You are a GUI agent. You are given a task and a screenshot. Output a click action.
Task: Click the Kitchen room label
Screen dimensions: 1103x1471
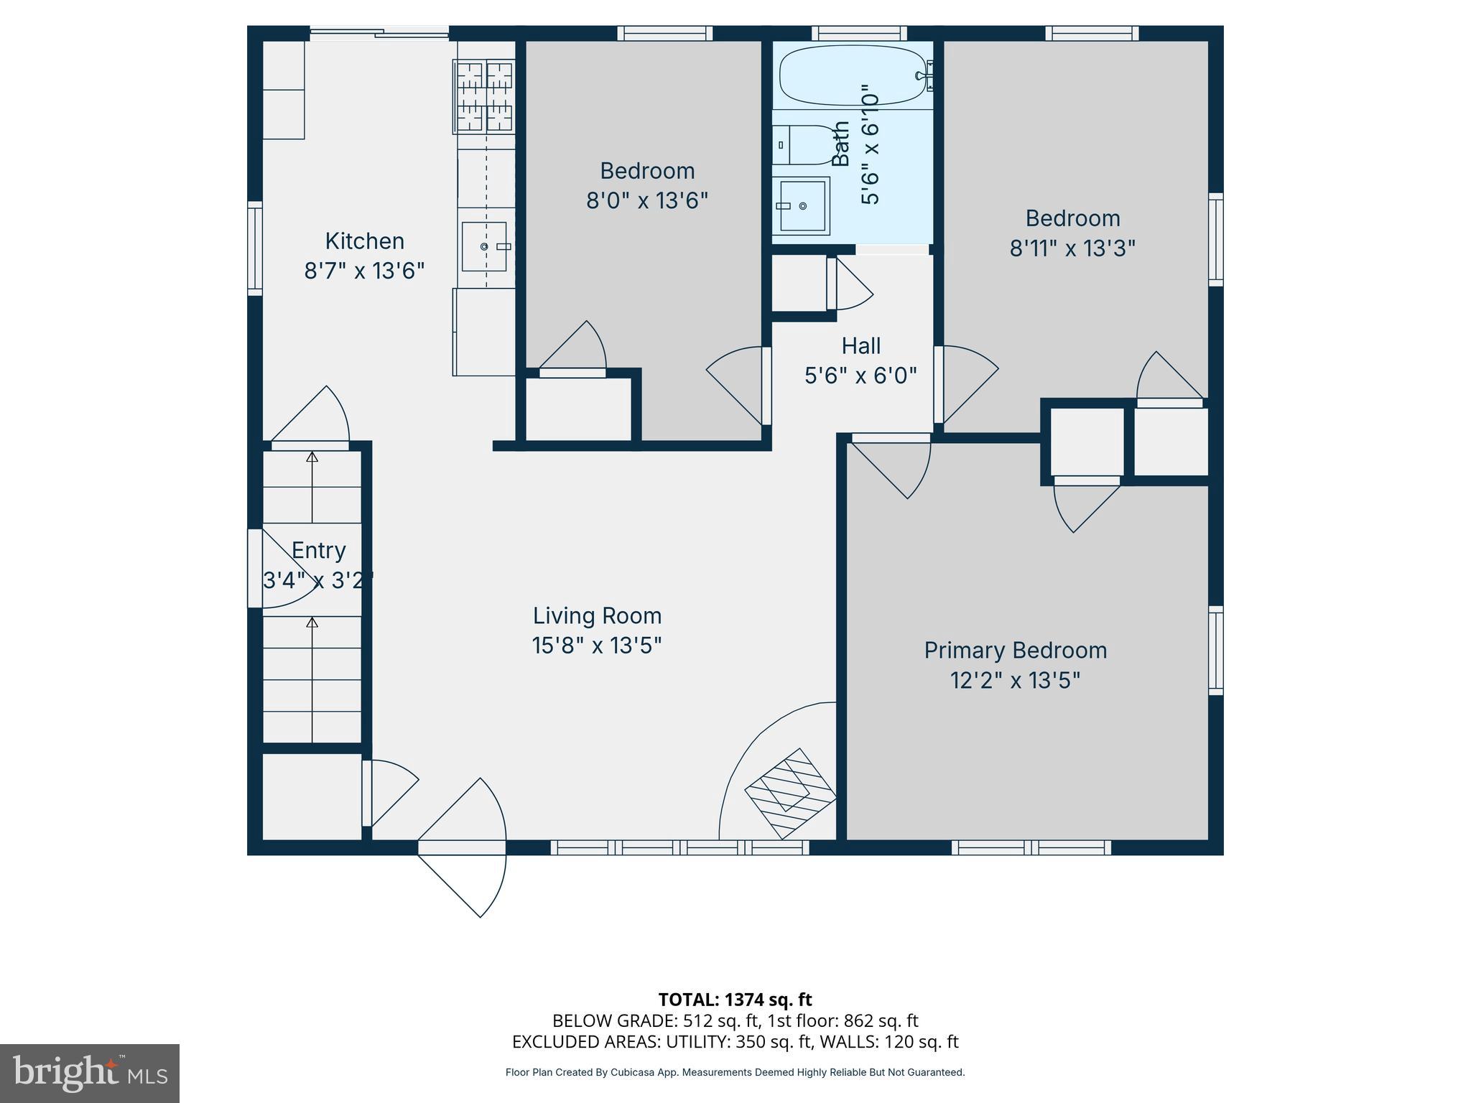[x=364, y=241]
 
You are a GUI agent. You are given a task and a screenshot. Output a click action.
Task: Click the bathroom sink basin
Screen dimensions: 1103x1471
[x=802, y=206]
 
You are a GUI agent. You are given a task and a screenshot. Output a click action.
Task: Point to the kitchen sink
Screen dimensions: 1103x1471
[x=484, y=246]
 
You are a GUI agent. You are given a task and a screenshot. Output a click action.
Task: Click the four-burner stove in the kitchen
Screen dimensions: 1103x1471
[x=483, y=96]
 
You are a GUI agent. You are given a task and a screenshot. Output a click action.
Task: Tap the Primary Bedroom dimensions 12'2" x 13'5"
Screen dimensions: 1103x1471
[x=1015, y=680]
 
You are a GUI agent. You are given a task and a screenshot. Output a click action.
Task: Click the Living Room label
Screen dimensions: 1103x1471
[x=597, y=615]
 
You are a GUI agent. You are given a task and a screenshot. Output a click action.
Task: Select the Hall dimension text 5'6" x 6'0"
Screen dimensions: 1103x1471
[x=860, y=376]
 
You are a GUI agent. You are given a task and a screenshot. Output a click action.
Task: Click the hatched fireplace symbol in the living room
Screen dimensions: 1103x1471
[x=791, y=793]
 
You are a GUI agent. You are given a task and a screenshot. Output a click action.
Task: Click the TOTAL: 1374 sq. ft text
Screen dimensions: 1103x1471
[x=735, y=999]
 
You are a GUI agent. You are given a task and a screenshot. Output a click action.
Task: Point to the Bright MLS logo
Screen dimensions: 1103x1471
[x=90, y=1073]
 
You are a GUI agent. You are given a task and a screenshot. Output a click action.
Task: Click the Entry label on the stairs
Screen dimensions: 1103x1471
[x=318, y=550]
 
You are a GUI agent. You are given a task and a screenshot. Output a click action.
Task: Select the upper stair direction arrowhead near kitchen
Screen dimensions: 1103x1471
[x=312, y=457]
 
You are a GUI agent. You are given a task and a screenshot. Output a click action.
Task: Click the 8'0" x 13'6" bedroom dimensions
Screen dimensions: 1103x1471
[x=647, y=200]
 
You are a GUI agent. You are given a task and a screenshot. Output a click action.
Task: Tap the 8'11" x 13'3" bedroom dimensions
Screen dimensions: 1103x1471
[x=1072, y=248]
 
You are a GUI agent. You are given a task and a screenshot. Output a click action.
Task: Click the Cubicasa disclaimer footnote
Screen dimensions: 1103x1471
[x=735, y=1072]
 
